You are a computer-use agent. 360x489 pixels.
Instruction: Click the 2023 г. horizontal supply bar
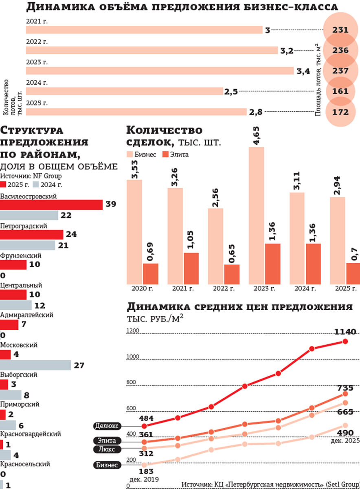tap(160, 71)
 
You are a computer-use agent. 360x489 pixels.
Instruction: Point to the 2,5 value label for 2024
tap(230, 92)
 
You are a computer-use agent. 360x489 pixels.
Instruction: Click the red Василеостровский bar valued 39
tap(51, 205)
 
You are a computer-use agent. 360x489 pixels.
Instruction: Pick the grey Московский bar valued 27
tap(35, 365)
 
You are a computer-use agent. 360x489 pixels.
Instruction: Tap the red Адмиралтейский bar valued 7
tap(9, 325)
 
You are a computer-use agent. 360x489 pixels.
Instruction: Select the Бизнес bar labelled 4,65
tap(257, 216)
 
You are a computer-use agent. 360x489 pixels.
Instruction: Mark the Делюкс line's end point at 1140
tap(345, 341)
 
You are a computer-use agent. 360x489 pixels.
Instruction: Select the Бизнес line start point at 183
tap(144, 465)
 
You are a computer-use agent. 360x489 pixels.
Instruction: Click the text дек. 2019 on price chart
tap(143, 479)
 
